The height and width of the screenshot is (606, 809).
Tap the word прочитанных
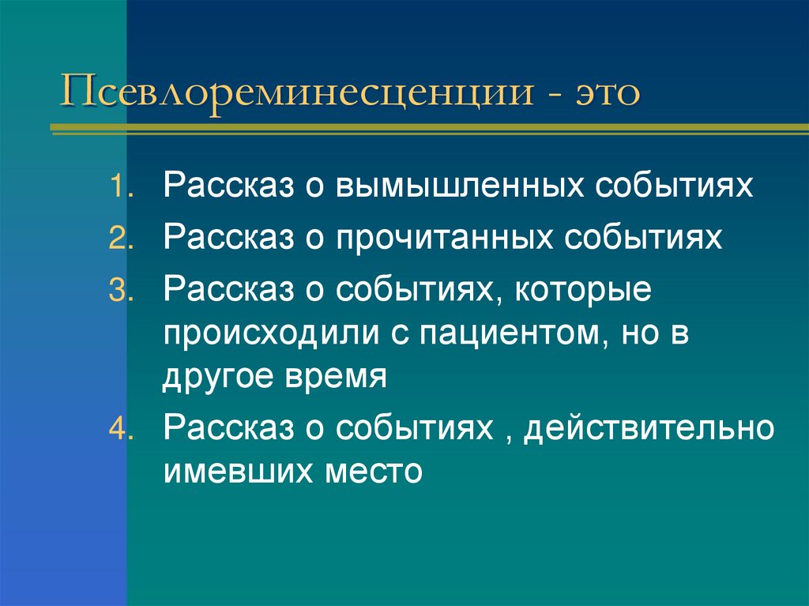[456, 239]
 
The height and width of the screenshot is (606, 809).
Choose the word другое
[215, 377]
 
